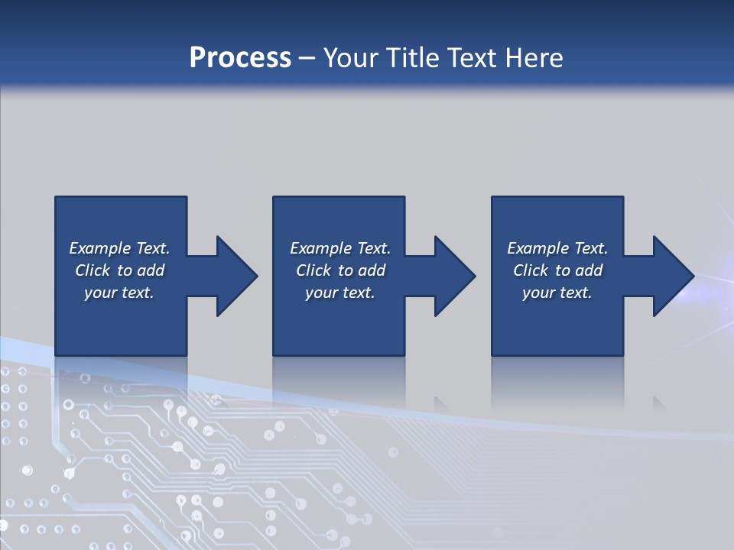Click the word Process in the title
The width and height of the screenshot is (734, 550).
coord(240,58)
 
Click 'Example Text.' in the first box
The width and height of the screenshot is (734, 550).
coord(119,248)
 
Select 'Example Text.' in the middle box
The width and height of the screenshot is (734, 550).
coord(340,248)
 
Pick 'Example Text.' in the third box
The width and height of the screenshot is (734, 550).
coord(557,248)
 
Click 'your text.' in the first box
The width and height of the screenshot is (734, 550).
coord(119,293)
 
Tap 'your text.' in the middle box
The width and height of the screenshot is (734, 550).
coord(340,293)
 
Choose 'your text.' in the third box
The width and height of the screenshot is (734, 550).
coord(557,293)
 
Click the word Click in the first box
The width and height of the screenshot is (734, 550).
coord(93,270)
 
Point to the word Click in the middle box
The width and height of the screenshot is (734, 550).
coord(313,270)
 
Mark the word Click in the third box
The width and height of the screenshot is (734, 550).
coord(531,270)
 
